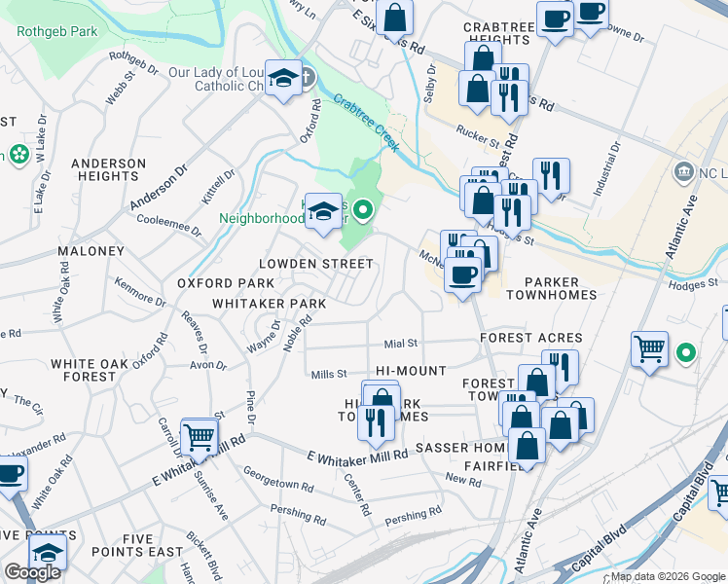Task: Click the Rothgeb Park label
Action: [x=57, y=31]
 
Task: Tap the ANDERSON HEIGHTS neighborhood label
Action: [x=108, y=169]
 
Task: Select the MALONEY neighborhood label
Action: [x=91, y=251]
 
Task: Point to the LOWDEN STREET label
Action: [x=315, y=264]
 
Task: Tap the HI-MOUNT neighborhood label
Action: [x=411, y=371]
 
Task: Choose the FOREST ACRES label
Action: [x=531, y=338]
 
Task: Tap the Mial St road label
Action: [x=400, y=343]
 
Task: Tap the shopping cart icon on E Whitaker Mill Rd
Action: [x=200, y=438]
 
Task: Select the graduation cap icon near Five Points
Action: [x=47, y=551]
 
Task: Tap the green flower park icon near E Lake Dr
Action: [x=17, y=155]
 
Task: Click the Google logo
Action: [x=32, y=572]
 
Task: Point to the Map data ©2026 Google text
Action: [x=666, y=576]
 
